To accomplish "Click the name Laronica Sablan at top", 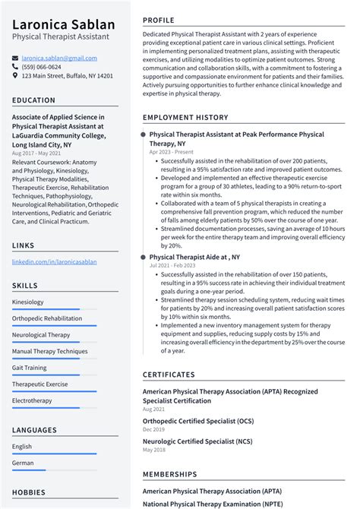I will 63,25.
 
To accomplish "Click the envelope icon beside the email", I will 15,57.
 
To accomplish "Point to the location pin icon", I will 15,76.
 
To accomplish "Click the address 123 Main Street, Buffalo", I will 67,76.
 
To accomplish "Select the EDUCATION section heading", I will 33,100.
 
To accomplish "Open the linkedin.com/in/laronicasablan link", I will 54,261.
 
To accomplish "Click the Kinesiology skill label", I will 27,302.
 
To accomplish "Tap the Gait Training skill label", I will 29,368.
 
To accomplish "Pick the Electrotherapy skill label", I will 32,400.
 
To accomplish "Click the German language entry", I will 23,463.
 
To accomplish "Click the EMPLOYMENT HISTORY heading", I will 185,118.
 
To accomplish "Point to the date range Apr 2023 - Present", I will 172,152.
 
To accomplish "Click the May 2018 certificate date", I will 155,450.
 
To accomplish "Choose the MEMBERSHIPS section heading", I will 172,474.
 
